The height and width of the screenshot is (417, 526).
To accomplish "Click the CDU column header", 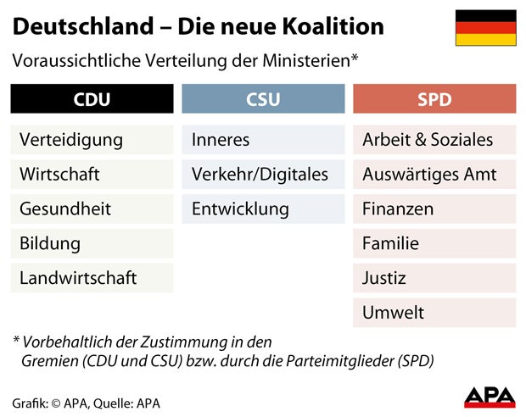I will click(x=92, y=99).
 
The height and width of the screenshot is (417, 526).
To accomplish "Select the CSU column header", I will click(x=263, y=99).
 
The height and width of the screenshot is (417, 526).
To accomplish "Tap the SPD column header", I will click(x=434, y=99).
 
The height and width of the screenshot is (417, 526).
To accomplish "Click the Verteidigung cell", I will click(x=92, y=140).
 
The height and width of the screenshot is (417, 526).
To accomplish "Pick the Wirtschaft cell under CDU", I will click(x=92, y=175).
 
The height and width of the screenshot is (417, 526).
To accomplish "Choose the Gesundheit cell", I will click(x=92, y=208).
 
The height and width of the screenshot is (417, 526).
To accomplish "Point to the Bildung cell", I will click(x=92, y=243).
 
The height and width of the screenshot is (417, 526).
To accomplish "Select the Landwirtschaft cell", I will click(x=92, y=278).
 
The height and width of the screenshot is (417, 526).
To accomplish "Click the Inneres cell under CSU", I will click(x=263, y=140).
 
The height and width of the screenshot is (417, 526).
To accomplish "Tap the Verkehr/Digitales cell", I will click(x=263, y=175).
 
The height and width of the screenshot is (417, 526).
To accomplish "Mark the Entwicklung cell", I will click(x=263, y=208).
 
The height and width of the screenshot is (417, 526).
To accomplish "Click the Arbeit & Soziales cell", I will click(x=434, y=140).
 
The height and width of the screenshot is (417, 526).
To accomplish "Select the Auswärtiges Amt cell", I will click(x=434, y=175).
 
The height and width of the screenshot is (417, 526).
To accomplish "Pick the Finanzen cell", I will click(x=434, y=208).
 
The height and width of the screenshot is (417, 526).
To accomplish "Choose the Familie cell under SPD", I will click(x=434, y=243).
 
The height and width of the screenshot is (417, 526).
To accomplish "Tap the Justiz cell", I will click(x=434, y=278).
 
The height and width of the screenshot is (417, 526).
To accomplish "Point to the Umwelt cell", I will click(x=434, y=313).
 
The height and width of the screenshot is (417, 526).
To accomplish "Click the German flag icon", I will click(x=485, y=28).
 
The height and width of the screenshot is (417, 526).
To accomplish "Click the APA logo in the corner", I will click(x=489, y=396).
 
